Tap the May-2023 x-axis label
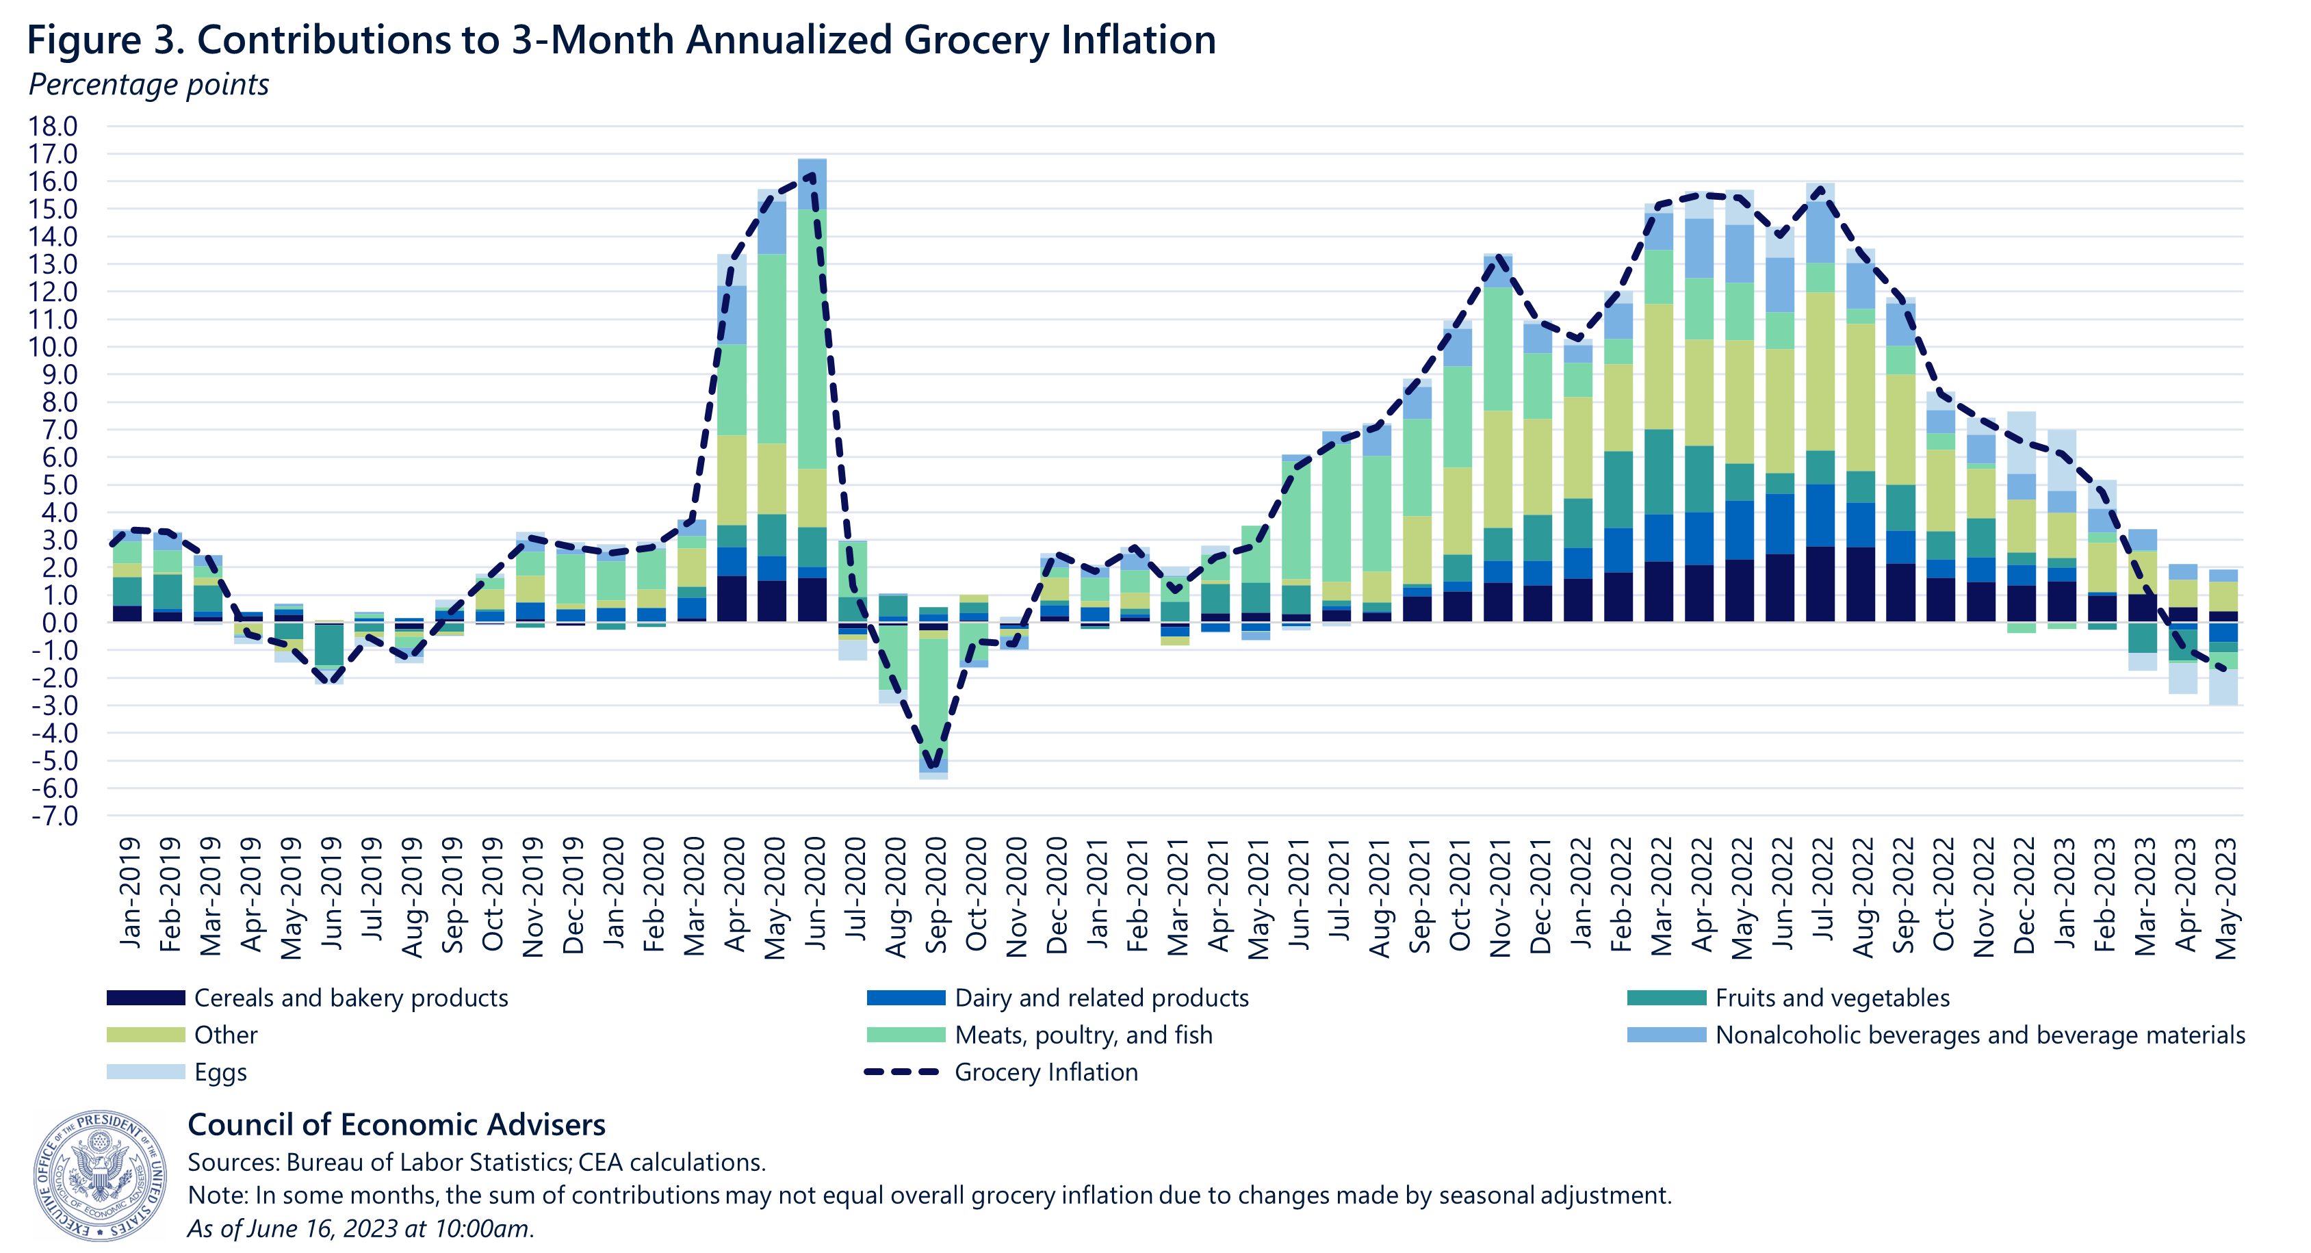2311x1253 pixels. click(2225, 898)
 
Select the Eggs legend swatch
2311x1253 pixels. click(145, 1072)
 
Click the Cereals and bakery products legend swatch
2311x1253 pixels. click(145, 997)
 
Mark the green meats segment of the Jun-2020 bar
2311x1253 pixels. click(812, 341)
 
